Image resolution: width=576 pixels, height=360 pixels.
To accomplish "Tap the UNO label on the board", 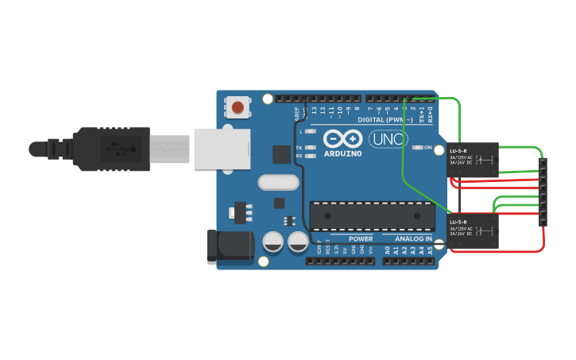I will [x=389, y=140].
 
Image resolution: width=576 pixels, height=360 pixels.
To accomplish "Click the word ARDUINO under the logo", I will [x=343, y=153].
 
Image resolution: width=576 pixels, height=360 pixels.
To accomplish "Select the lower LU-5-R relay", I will [x=473, y=230].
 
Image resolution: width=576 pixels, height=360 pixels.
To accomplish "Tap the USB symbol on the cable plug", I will [x=118, y=148].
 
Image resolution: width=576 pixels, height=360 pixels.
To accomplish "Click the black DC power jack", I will [x=228, y=247].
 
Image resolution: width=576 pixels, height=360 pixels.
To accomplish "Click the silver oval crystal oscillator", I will [x=279, y=182].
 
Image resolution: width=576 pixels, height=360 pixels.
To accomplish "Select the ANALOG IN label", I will [x=413, y=238].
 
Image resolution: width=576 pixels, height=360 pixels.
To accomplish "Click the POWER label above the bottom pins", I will [x=361, y=238].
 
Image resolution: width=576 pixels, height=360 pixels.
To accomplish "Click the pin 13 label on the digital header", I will [x=315, y=110].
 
